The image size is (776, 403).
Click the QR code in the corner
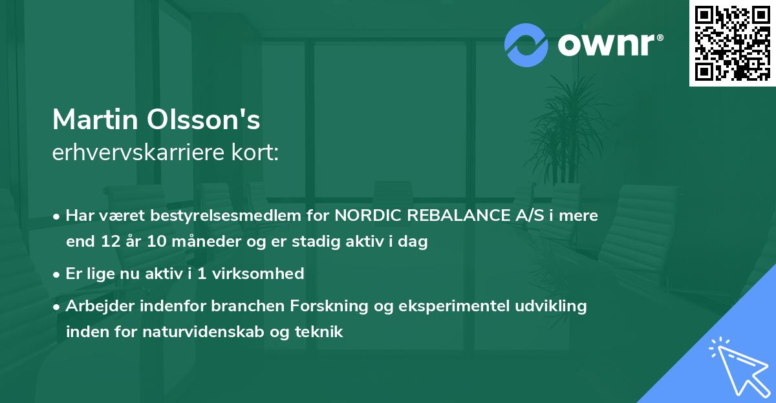tap(732, 43)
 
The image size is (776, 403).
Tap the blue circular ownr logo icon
tap(526, 45)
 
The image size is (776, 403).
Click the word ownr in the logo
tap(606, 45)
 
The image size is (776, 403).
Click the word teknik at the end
tap(319, 332)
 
